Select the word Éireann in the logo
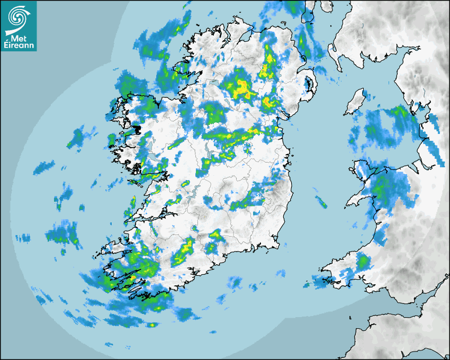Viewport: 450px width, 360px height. [19, 46]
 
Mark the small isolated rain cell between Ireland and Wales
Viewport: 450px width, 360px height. [321, 201]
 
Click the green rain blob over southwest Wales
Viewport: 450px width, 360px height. [363, 262]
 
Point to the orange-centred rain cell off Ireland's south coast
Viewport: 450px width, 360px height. [152, 325]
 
